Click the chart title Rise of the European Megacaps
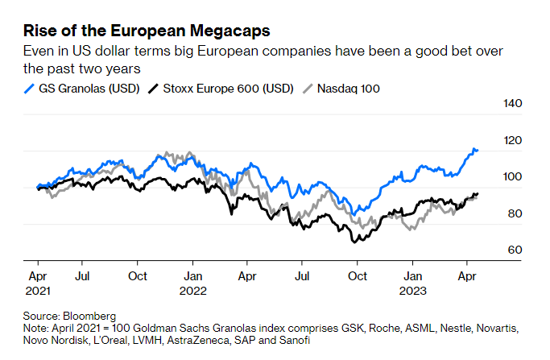tap(146, 31)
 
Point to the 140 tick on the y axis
tap(514, 104)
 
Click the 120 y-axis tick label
tap(514, 141)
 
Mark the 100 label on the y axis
tap(514, 177)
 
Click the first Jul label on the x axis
tap(82, 275)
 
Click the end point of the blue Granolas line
tap(478, 150)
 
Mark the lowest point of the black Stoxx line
tap(354, 242)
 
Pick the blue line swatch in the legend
tap(29, 88)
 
